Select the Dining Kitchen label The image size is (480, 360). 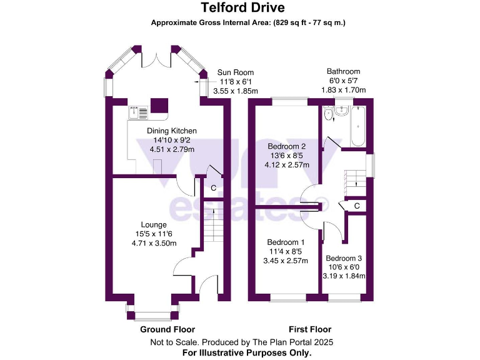click(x=172, y=131)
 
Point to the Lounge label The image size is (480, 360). click(x=153, y=224)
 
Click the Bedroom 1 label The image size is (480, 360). click(x=286, y=242)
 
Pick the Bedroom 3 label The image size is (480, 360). click(x=343, y=258)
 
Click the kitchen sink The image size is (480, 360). click(x=138, y=112)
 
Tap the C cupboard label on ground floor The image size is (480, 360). click(x=213, y=187)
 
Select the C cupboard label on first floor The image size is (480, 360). click(x=357, y=206)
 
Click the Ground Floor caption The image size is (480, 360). click(x=167, y=329)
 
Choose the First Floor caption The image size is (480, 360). click(x=310, y=329)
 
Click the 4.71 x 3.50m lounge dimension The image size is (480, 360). click(x=154, y=243)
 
